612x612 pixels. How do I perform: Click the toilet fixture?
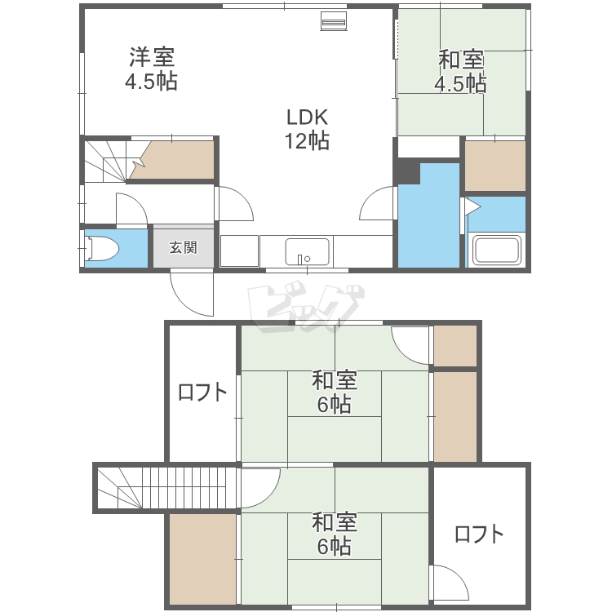point(102,248)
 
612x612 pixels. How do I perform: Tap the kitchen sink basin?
point(307,252)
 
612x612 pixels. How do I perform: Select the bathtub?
point(496,250)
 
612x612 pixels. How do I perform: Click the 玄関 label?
point(183,247)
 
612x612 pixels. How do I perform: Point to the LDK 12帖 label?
point(307,129)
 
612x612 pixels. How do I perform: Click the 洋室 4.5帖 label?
point(152,69)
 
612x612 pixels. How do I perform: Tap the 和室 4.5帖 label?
point(460,71)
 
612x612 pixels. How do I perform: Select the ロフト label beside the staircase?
point(202,392)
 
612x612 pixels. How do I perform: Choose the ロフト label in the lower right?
point(479,534)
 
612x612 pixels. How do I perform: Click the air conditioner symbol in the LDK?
point(333,20)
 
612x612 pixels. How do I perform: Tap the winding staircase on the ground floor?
point(113,162)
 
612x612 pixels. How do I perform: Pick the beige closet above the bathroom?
point(495,166)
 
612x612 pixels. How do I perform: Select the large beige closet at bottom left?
point(203,559)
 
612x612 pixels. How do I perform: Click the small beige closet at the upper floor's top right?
point(455,346)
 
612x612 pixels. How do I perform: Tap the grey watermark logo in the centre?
point(306,308)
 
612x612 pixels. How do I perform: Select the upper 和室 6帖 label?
point(335,392)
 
